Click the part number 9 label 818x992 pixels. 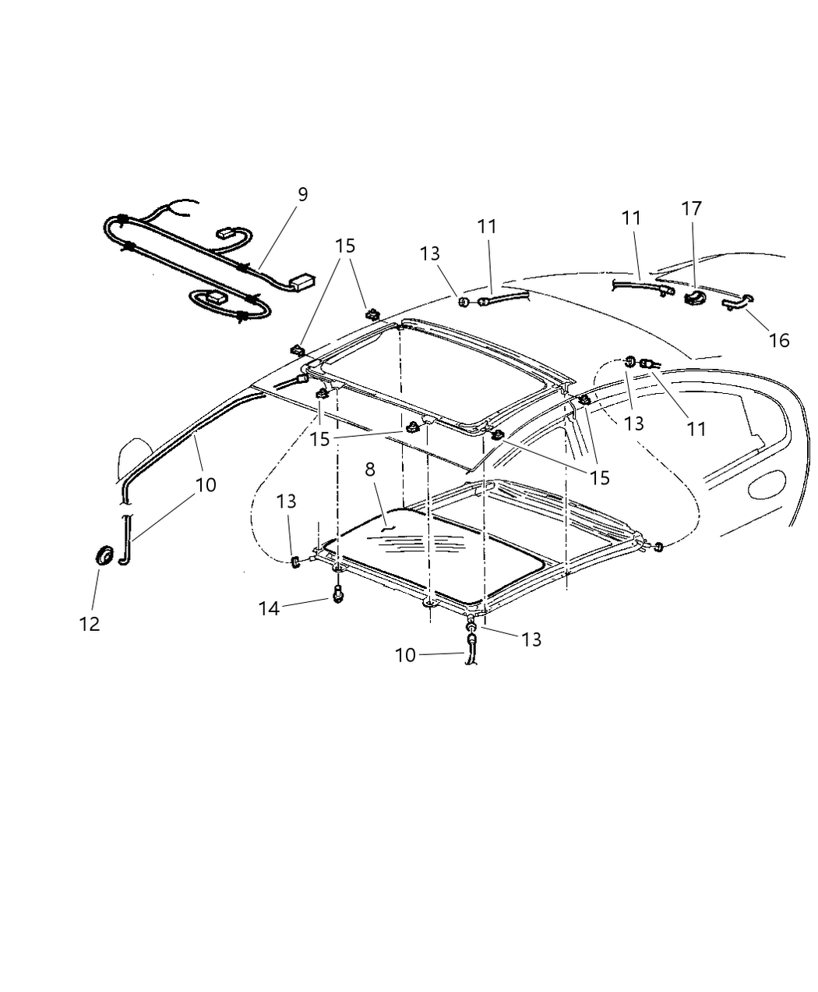click(302, 194)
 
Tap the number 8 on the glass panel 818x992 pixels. click(370, 469)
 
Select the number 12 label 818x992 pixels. click(90, 624)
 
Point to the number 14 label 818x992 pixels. click(269, 608)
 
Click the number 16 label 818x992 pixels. click(778, 340)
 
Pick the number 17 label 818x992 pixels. click(691, 208)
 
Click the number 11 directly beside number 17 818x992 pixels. click(631, 218)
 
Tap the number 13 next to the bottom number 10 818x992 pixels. click(531, 640)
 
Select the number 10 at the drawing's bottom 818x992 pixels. click(405, 655)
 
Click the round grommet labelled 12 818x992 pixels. click(104, 555)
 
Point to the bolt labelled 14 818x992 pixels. click(337, 594)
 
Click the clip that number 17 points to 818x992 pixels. click(693, 298)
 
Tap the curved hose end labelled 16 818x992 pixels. click(737, 301)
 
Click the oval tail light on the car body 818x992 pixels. click(766, 484)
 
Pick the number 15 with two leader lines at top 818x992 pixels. click(345, 246)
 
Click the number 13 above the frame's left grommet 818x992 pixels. click(286, 501)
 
